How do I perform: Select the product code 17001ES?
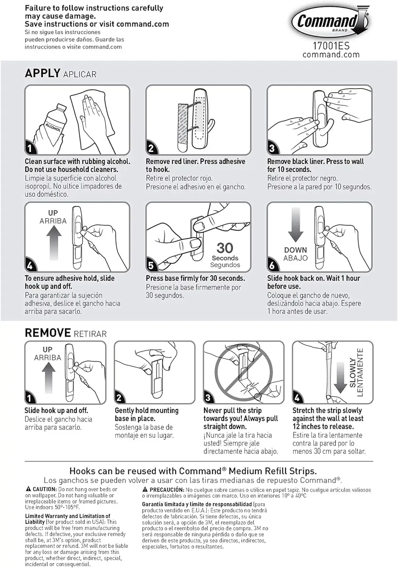331,46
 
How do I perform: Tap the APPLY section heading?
42,73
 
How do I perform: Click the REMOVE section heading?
48,333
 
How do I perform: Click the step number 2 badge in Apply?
151,148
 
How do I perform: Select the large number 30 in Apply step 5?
225,248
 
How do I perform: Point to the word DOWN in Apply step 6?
295,250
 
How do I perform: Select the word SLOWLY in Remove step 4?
353,373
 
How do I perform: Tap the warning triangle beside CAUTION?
28,489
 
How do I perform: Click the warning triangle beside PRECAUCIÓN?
145,490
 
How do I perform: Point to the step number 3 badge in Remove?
208,398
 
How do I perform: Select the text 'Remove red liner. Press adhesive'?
195,162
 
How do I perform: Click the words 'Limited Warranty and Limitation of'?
67,516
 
